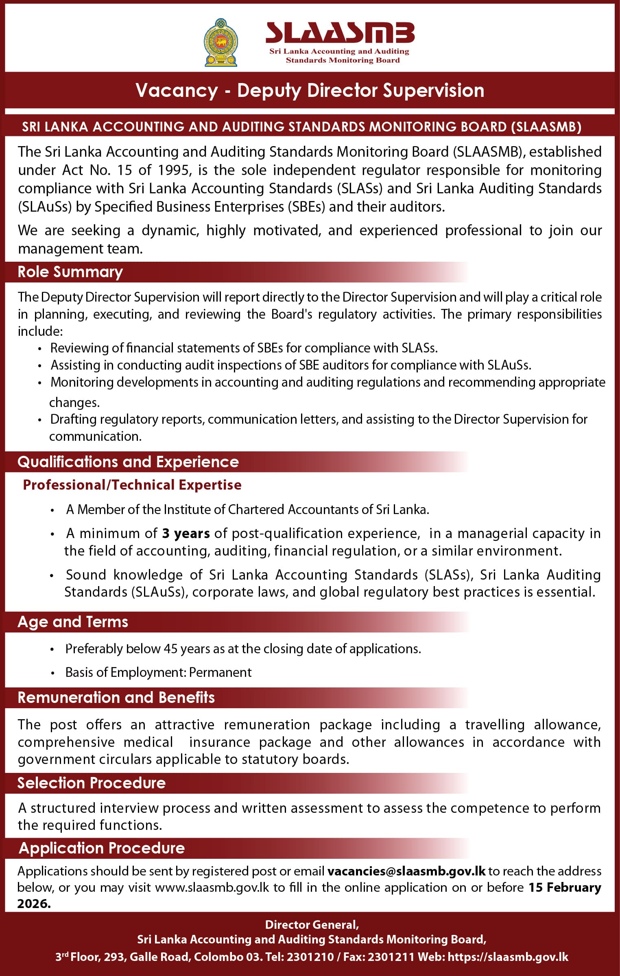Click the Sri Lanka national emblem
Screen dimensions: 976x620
coord(220,43)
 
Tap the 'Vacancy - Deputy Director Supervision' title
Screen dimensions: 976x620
coord(310,90)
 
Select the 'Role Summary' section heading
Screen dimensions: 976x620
coord(70,272)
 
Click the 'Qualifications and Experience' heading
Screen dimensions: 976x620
coord(128,462)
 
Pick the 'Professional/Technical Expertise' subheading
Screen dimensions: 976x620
coord(132,485)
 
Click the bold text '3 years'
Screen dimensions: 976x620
coord(186,533)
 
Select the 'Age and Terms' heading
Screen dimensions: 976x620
coord(73,622)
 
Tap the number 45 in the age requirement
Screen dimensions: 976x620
coord(170,649)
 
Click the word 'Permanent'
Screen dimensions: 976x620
coord(220,672)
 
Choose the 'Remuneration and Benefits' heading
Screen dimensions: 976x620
coord(116,698)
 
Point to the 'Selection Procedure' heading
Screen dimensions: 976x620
coord(92,783)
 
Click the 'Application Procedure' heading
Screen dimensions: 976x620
coord(102,848)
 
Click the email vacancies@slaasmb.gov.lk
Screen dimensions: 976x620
coord(406,871)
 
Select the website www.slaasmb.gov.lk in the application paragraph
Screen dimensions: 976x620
coord(212,888)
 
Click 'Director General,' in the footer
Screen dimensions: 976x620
coord(312,925)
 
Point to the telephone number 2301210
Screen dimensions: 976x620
coord(310,957)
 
